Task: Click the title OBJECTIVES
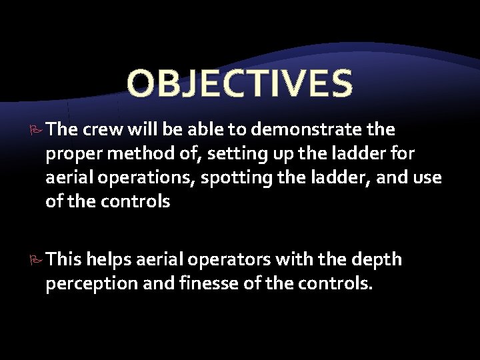click(x=239, y=83)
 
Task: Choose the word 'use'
click(x=428, y=179)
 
